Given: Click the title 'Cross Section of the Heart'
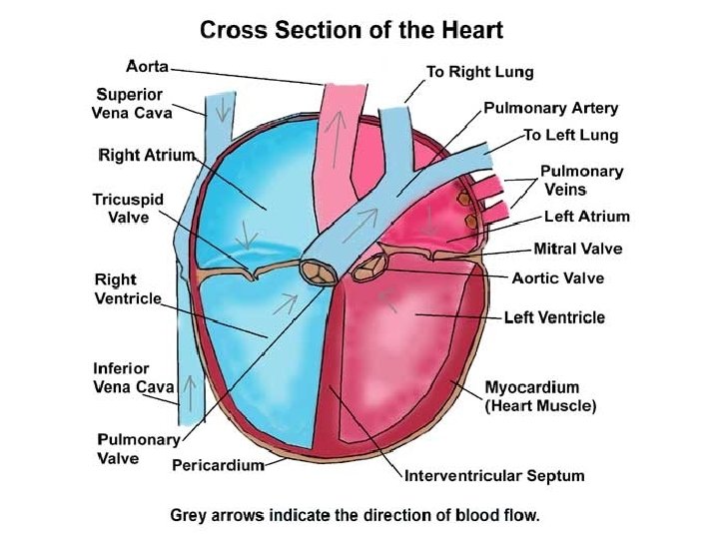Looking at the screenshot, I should [x=352, y=29].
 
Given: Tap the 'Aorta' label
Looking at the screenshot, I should [x=149, y=66].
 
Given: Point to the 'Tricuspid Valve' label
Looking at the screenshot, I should [x=121, y=209].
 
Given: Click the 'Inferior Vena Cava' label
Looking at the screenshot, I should [x=134, y=377].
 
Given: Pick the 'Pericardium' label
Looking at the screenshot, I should [x=218, y=464].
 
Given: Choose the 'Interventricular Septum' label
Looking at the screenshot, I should [x=493, y=475].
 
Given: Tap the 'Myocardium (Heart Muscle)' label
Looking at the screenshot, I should [x=540, y=396].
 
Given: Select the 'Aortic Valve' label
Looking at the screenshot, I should [x=557, y=277].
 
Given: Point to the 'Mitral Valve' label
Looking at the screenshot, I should [x=578, y=249].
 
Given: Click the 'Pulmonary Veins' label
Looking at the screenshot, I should [x=581, y=180].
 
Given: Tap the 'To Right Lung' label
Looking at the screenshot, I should [x=479, y=72].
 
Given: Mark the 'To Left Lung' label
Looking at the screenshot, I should [x=571, y=135].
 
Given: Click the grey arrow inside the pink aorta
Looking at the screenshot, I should [x=340, y=126].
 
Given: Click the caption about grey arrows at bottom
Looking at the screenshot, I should [x=355, y=516].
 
